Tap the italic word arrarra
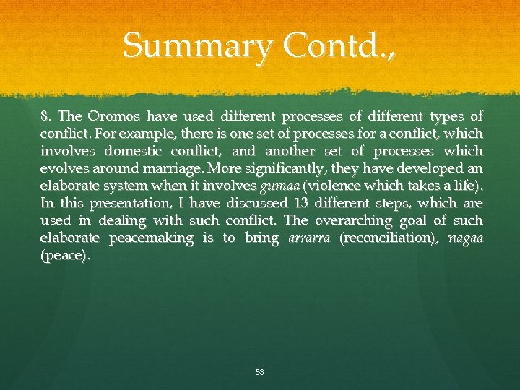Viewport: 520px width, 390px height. [308, 238]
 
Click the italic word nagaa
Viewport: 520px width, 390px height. [466, 238]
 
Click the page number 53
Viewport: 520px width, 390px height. [259, 372]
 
